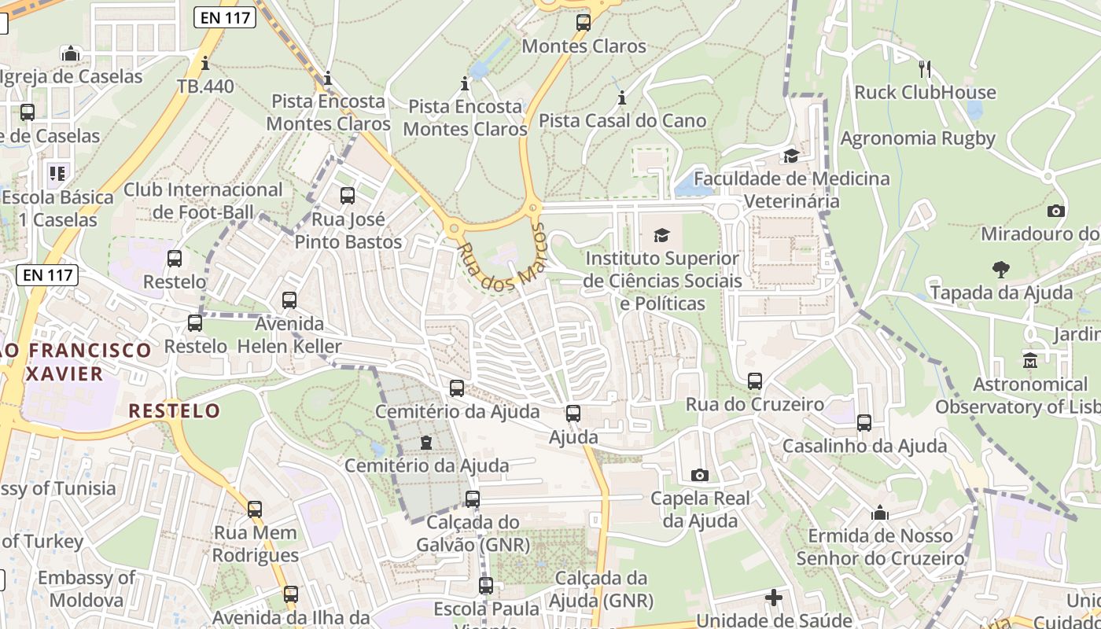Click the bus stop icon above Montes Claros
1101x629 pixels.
click(x=583, y=23)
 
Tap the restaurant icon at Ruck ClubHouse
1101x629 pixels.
click(x=925, y=69)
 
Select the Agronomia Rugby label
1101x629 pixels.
click(x=918, y=138)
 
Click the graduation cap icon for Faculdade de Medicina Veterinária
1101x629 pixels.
click(x=791, y=156)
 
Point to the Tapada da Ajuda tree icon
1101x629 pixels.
click(x=1001, y=270)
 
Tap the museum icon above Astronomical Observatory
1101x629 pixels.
click(x=1030, y=361)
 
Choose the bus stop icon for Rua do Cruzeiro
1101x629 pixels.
click(x=755, y=381)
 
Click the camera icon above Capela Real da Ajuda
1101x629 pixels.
click(x=699, y=475)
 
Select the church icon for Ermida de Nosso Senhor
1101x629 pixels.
click(x=880, y=513)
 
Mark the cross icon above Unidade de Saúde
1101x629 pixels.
click(x=774, y=598)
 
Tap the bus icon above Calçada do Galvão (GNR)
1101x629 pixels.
click(x=472, y=498)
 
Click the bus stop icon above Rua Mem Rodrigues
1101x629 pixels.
click(x=255, y=509)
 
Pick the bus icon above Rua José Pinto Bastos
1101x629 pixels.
click(x=347, y=195)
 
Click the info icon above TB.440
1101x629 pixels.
click(x=205, y=64)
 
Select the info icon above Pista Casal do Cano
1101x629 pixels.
click(x=622, y=98)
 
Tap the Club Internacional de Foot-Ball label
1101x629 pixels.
click(x=203, y=200)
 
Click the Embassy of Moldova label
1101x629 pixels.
click(x=86, y=589)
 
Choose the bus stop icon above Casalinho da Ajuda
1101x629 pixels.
click(x=864, y=423)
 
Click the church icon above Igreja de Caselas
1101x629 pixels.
click(x=71, y=53)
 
